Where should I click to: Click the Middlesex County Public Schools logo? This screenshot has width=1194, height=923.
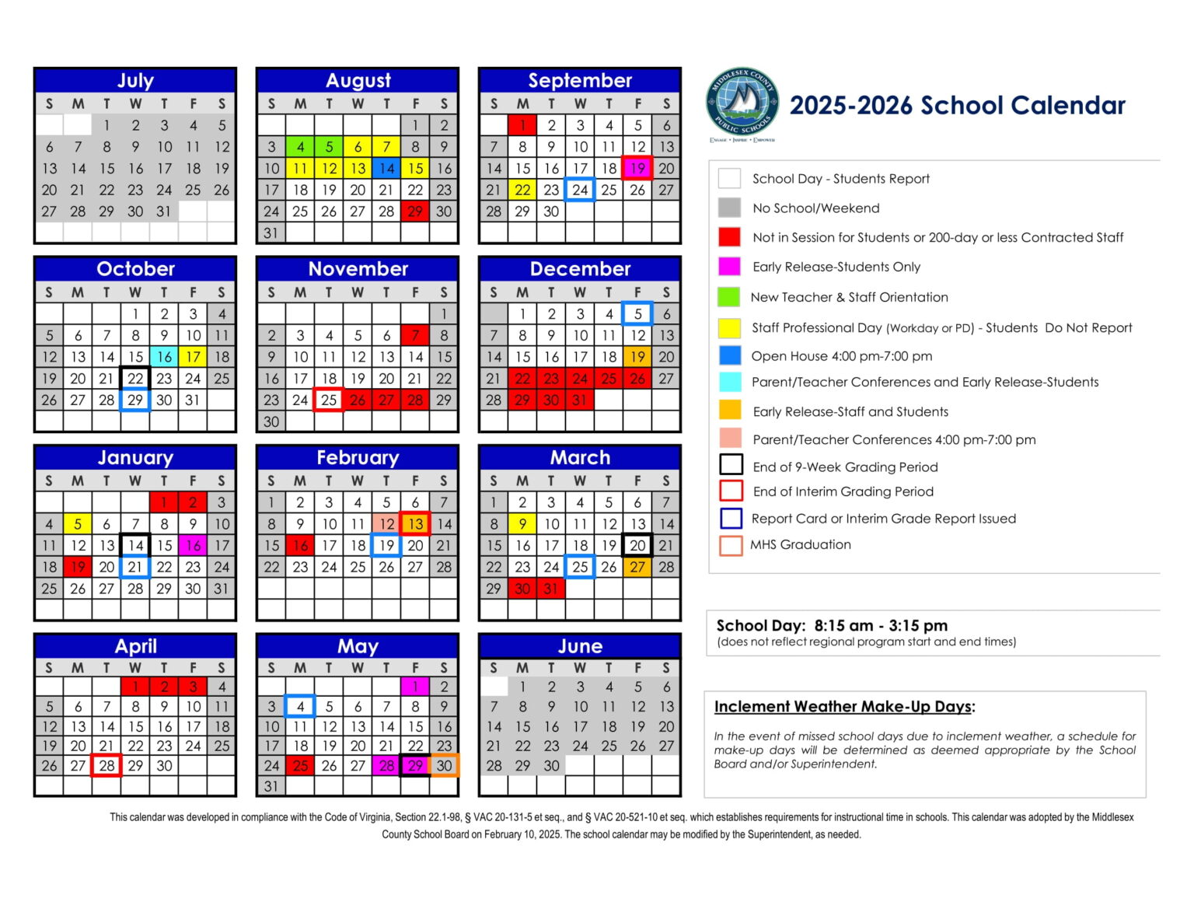point(742,103)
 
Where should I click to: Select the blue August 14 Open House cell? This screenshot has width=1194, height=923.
point(386,168)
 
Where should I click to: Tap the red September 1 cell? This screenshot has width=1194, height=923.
point(522,125)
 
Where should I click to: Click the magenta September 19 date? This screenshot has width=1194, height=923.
point(637,168)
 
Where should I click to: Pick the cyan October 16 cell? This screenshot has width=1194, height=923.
point(164,357)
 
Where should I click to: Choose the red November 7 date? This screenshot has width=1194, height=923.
point(415,335)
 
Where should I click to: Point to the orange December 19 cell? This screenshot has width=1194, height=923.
point(637,357)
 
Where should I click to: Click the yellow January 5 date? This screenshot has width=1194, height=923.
point(78,524)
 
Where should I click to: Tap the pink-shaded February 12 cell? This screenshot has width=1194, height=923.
point(386,524)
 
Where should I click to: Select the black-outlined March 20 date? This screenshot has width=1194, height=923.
point(637,545)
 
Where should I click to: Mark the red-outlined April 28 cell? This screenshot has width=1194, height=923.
point(106,765)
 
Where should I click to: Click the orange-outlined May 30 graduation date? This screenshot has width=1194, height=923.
point(444,765)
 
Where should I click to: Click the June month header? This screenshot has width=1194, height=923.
point(580,646)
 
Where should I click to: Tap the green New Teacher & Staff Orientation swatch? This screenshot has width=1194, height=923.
point(729,297)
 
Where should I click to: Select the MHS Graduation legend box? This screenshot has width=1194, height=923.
point(731,545)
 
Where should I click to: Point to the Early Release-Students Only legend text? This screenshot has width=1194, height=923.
point(836,267)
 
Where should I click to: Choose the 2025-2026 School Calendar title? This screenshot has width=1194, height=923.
point(957,105)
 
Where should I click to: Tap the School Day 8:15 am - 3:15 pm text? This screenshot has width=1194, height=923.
point(832,626)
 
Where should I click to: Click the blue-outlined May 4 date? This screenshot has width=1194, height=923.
point(300,706)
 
